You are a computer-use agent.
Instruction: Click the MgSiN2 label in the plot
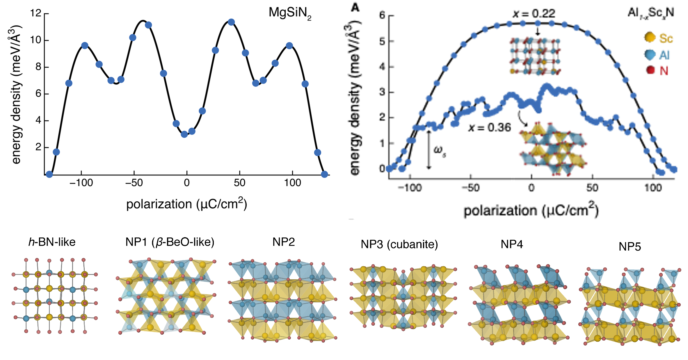[x=290, y=13]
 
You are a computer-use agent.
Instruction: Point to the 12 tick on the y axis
[x=36, y=13]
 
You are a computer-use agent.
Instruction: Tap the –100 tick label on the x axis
[x=81, y=183]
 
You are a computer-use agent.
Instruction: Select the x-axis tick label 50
[x=239, y=183]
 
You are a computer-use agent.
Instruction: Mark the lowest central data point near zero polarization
[x=184, y=134]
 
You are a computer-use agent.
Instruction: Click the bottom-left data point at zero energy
[x=49, y=174]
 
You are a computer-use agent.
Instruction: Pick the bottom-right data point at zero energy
[x=325, y=174]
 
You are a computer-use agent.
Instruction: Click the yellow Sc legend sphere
[x=650, y=37]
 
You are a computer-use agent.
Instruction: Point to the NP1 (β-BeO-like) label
[x=170, y=242]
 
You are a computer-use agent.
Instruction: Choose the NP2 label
[x=283, y=242]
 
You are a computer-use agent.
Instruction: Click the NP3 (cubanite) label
[x=399, y=244]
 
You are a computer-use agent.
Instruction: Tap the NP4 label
[x=512, y=244]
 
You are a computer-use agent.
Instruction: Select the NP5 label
[x=630, y=247]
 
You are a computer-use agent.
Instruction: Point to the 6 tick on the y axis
[x=38, y=94]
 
